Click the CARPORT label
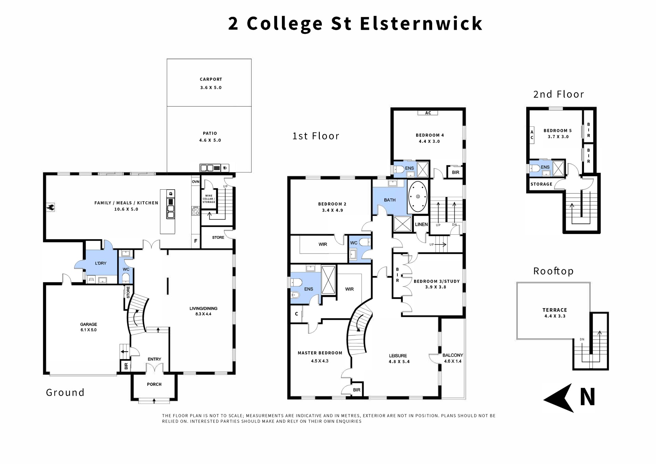[211, 79]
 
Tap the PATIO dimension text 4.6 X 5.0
[210, 140]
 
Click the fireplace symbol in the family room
[51, 207]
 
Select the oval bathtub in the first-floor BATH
[418, 197]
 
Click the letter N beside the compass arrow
[588, 397]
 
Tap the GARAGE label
[88, 324]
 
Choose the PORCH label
[154, 384]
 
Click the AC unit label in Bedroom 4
[428, 113]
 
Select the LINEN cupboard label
[421, 224]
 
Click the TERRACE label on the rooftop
[555, 310]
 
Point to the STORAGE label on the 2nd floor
[541, 184]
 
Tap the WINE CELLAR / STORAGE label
[209, 199]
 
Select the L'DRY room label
[100, 263]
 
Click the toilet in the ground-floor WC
[126, 277]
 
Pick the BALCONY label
[453, 355]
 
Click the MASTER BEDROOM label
[320, 353]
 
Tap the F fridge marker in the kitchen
[196, 241]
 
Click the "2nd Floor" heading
[559, 94]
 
